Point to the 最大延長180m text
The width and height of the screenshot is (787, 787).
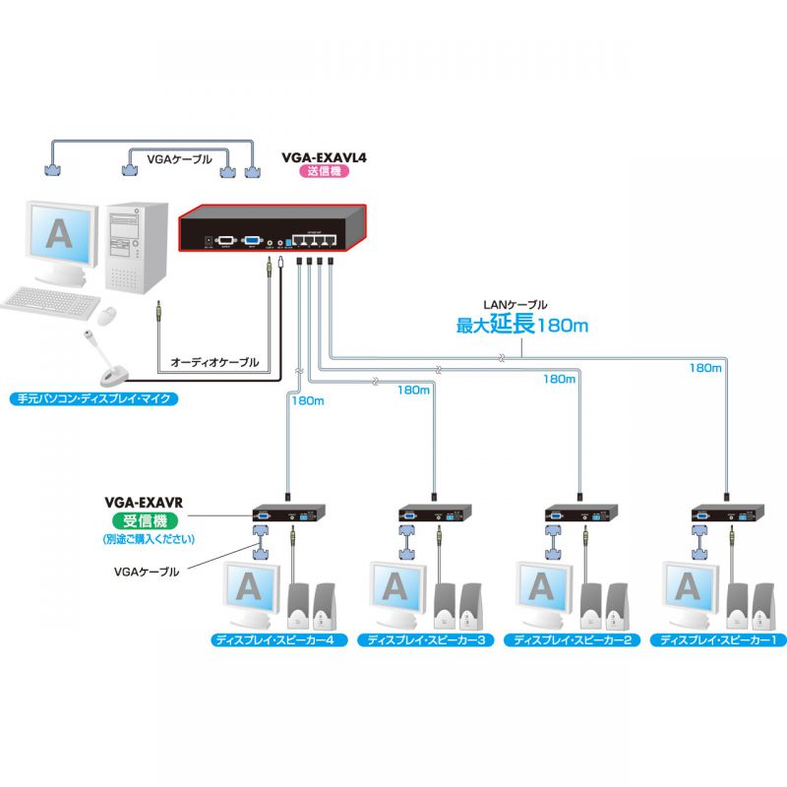point(521,325)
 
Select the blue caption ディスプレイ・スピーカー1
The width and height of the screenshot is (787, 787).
point(718,639)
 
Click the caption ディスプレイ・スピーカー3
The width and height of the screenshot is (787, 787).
point(427,639)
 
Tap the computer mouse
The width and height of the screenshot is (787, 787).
point(107,314)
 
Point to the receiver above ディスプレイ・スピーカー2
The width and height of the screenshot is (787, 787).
point(580,514)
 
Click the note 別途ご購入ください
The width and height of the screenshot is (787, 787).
point(150,540)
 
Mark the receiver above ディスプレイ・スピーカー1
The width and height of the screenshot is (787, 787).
point(728,514)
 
